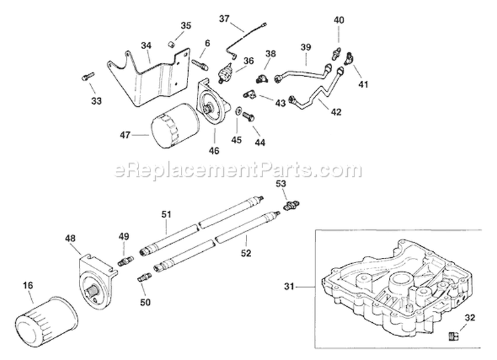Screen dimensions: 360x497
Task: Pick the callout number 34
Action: pos(146,45)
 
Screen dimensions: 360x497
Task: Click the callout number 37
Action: pos(223,19)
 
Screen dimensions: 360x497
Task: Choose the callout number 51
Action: pos(166,213)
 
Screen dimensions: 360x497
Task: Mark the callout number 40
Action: pos(339,21)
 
